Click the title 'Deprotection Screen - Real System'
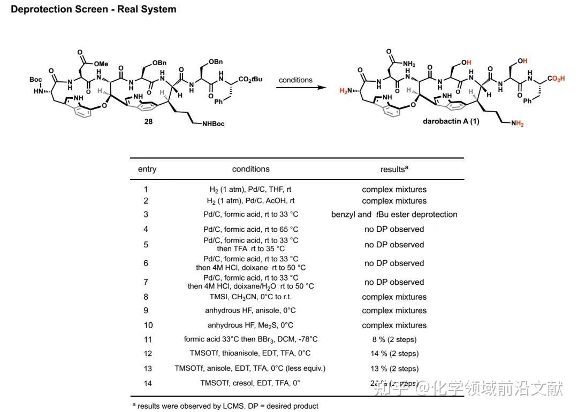click(x=94, y=10)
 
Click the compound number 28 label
click(x=148, y=121)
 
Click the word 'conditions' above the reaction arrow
click(x=295, y=80)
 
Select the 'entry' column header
click(x=147, y=169)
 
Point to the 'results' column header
click(x=394, y=169)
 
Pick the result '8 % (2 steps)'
click(x=394, y=339)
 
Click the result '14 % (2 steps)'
click(x=394, y=353)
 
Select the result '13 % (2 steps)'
click(x=394, y=368)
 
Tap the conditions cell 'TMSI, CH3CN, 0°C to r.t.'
click(x=250, y=297)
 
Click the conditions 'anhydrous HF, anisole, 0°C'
click(x=250, y=310)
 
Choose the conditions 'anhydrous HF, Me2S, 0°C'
click(x=250, y=325)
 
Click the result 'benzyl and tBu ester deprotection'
click(x=394, y=214)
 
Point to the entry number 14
click(x=148, y=383)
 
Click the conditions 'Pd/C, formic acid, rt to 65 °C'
click(x=250, y=229)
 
